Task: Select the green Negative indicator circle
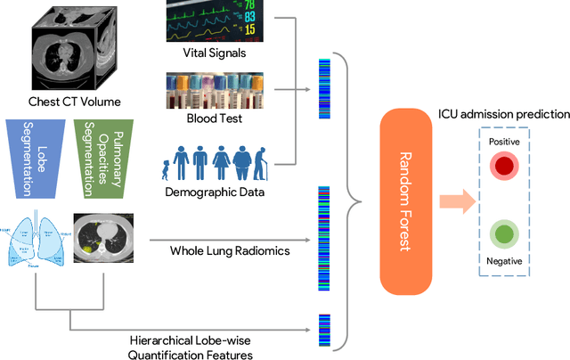(x=505, y=236)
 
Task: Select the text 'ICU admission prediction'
(x=502, y=114)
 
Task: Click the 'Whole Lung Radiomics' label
(x=229, y=251)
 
